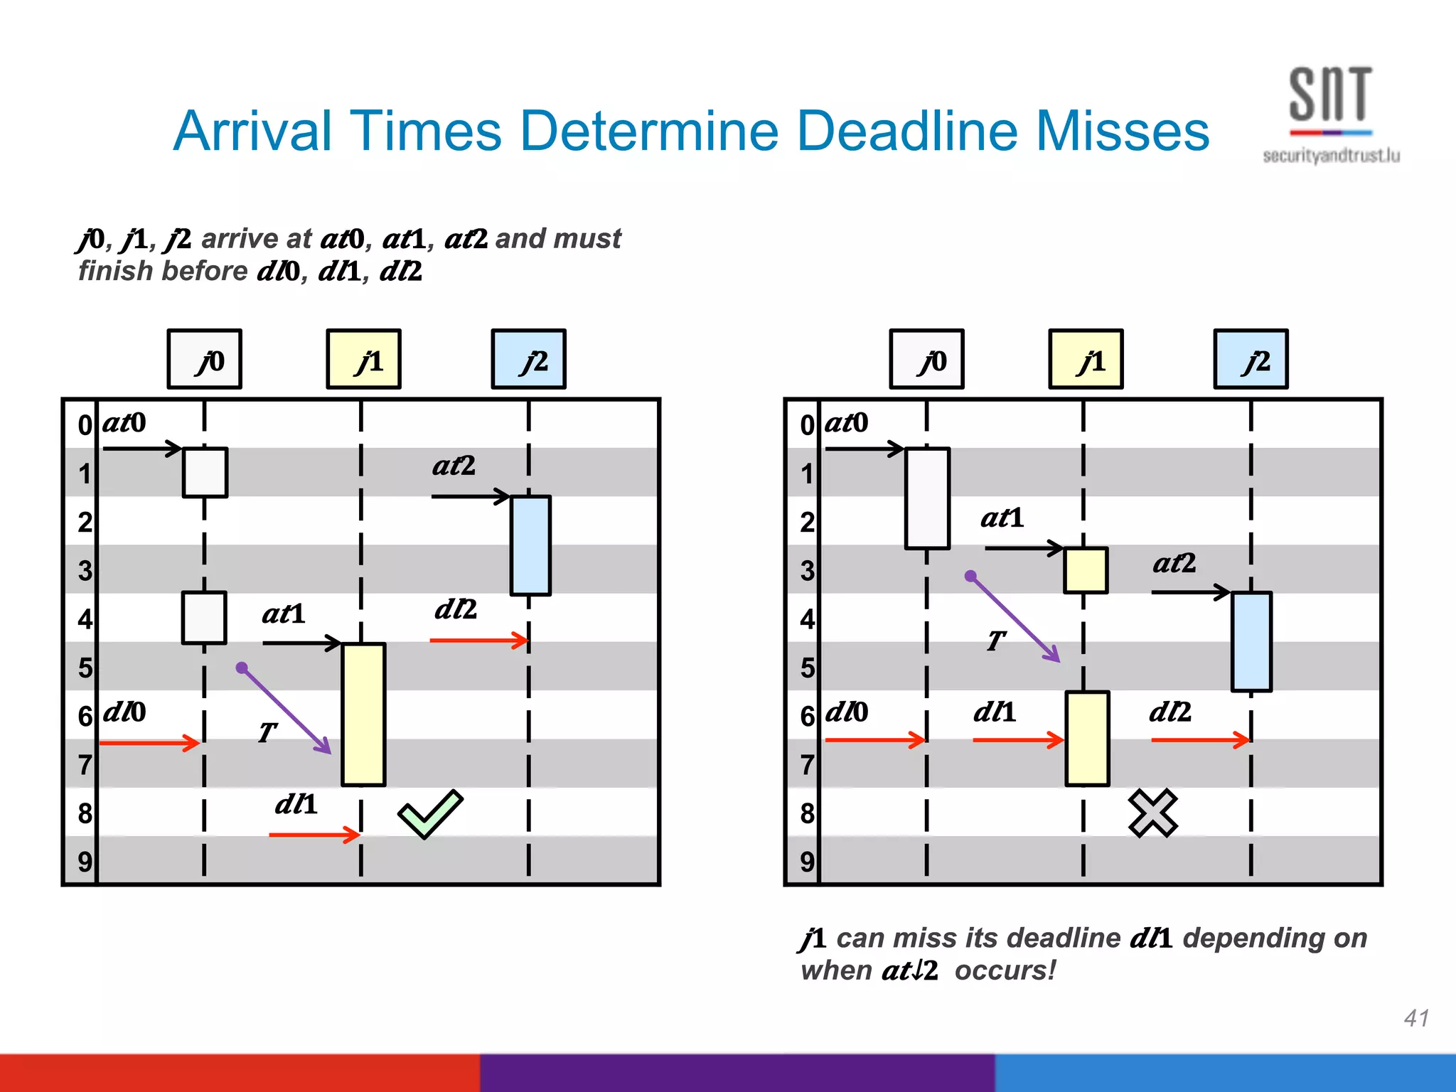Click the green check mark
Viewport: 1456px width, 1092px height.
(x=429, y=814)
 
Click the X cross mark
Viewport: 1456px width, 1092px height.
(x=1152, y=813)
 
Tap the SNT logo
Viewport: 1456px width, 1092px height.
(x=1330, y=114)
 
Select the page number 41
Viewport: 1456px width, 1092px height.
(x=1415, y=1018)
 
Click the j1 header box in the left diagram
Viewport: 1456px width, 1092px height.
(x=363, y=360)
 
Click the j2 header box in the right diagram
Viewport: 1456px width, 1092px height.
(x=1251, y=360)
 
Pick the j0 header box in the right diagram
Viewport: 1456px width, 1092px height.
(x=926, y=360)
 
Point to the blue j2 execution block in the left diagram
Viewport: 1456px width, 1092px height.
(x=530, y=545)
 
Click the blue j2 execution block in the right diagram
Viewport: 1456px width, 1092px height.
(x=1251, y=641)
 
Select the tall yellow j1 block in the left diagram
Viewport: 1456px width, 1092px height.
(x=363, y=714)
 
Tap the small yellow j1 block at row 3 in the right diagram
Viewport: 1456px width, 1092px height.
(x=1085, y=570)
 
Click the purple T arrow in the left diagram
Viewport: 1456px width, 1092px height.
(x=286, y=710)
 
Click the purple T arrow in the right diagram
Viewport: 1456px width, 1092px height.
(x=1015, y=619)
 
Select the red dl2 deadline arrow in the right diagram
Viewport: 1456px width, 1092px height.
(x=1200, y=740)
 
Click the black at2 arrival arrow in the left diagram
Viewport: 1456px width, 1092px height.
(x=470, y=496)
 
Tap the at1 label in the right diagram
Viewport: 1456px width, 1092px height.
(x=1002, y=518)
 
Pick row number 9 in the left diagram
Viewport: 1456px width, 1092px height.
(x=85, y=862)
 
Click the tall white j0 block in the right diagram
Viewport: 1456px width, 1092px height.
(x=927, y=498)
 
